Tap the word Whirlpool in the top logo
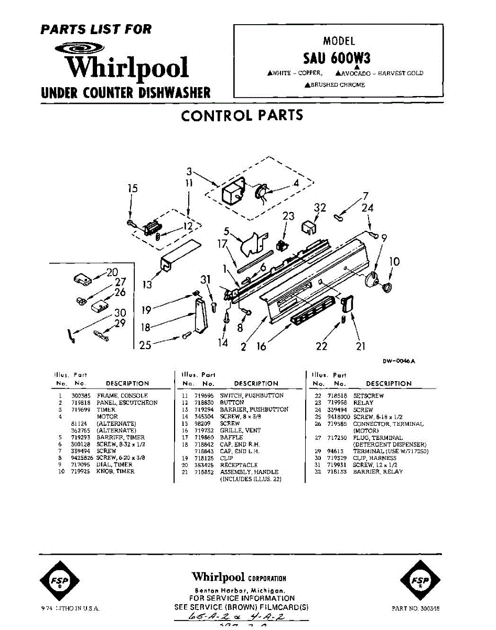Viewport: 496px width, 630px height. pyautogui.click(x=126, y=67)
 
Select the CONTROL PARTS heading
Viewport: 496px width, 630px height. pyautogui.click(x=242, y=115)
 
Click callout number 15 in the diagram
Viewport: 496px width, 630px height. pyautogui.click(x=133, y=188)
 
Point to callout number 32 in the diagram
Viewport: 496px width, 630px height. pyautogui.click(x=320, y=208)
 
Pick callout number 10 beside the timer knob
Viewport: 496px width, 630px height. pyautogui.click(x=394, y=261)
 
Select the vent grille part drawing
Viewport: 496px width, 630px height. pyautogui.click(x=312, y=311)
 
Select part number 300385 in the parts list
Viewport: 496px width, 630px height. pyautogui.click(x=80, y=395)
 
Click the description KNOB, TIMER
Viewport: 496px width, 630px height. pyautogui.click(x=115, y=471)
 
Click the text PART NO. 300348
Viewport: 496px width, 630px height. pyautogui.click(x=415, y=608)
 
